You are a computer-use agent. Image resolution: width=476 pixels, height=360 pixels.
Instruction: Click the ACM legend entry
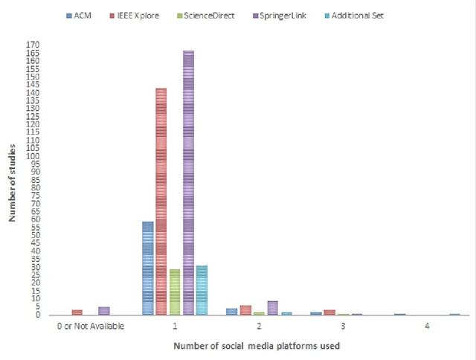click(80, 15)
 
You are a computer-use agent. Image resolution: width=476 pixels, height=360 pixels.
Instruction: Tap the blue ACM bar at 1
click(147, 268)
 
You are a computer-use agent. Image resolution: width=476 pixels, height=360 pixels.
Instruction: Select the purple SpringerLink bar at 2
click(272, 307)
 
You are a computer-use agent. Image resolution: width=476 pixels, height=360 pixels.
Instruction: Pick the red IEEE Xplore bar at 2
click(245, 309)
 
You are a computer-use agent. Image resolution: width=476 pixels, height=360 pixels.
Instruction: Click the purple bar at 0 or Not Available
click(104, 310)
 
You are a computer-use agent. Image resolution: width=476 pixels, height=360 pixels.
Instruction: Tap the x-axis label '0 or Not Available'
click(90, 326)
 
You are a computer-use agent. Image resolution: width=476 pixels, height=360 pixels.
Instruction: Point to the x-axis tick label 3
click(342, 326)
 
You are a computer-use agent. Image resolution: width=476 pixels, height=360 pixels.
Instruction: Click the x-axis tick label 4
click(426, 326)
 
